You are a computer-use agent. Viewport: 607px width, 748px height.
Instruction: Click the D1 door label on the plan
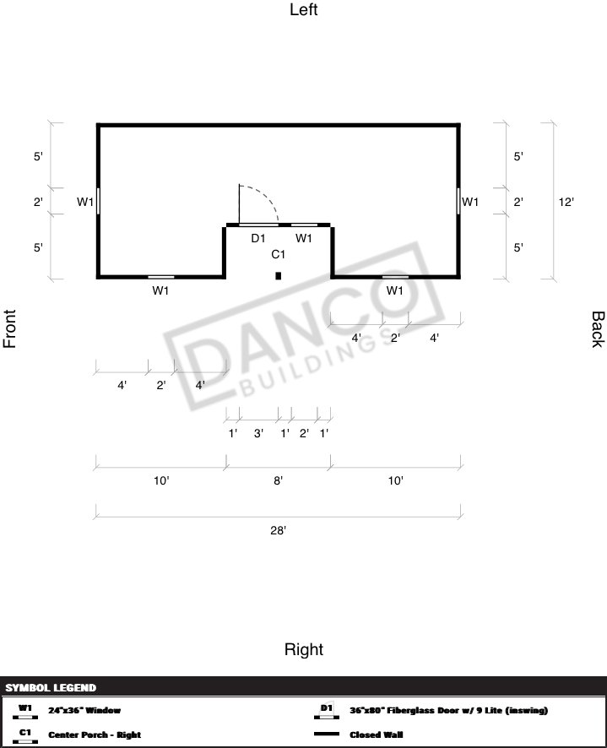[258, 238]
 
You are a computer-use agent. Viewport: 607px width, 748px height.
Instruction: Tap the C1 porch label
[279, 254]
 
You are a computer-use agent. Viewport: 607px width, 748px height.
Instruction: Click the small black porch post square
[279, 276]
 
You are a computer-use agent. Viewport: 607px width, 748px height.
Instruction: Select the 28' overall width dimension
[279, 530]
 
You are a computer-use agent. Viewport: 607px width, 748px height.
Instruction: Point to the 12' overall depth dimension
[566, 202]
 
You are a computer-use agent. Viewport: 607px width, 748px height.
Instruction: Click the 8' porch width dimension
[279, 480]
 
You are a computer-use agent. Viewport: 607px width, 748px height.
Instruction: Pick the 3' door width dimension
[258, 433]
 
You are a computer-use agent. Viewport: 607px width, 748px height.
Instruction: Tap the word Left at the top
[304, 9]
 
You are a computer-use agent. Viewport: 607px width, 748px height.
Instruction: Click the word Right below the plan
[304, 649]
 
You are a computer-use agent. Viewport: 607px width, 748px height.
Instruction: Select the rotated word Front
[9, 328]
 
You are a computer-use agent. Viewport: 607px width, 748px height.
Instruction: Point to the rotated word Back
[598, 329]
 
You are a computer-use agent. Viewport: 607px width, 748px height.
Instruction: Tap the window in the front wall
[98, 201]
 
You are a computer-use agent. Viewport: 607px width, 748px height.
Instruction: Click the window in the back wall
[458, 201]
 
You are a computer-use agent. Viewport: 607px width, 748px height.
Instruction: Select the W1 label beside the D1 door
[304, 238]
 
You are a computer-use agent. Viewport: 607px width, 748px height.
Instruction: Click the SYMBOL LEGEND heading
[51, 687]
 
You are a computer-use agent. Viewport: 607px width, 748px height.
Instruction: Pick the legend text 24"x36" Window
[84, 710]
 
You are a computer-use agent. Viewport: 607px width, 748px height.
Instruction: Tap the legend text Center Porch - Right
[95, 734]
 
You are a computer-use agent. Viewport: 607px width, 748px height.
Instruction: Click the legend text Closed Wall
[376, 734]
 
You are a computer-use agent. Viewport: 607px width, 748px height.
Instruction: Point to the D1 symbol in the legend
[327, 710]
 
